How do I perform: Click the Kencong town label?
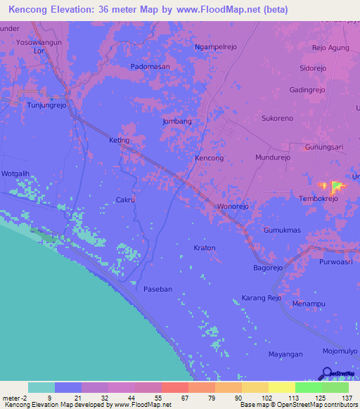click(x=209, y=158)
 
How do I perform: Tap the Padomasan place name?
click(x=150, y=66)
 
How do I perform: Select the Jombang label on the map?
click(x=177, y=121)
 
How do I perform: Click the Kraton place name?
click(x=205, y=248)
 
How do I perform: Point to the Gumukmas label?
click(x=282, y=231)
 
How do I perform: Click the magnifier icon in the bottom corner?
click(x=328, y=374)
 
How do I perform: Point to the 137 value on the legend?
click(x=346, y=398)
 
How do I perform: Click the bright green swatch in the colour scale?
click(x=309, y=387)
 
